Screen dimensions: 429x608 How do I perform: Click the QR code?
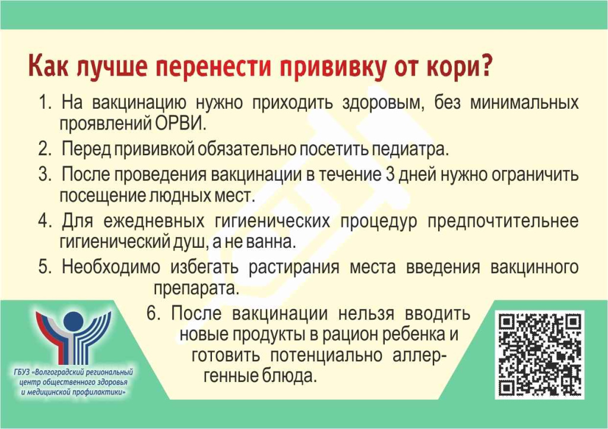pos(539,355)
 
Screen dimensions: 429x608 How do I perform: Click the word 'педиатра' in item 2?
pos(410,149)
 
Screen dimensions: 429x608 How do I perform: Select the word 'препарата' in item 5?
pos(196,289)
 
